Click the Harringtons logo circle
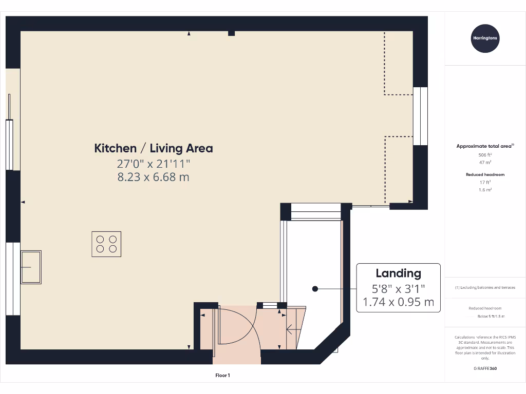click(485, 38)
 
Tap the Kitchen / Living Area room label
click(153, 148)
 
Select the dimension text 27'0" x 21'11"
click(153, 164)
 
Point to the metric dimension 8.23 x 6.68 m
click(153, 177)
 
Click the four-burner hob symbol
click(106, 244)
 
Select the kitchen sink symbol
click(31, 267)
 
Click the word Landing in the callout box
click(398, 273)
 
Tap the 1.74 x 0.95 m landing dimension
click(398, 302)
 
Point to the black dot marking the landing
click(315, 289)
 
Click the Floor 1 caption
click(222, 376)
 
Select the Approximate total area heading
click(485, 146)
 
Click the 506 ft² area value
click(485, 154)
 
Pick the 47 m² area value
click(485, 162)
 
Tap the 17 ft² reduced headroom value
click(485, 182)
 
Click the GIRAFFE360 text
click(485, 368)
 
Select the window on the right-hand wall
click(420, 116)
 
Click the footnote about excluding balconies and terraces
click(485, 288)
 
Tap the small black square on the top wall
click(231, 33)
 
